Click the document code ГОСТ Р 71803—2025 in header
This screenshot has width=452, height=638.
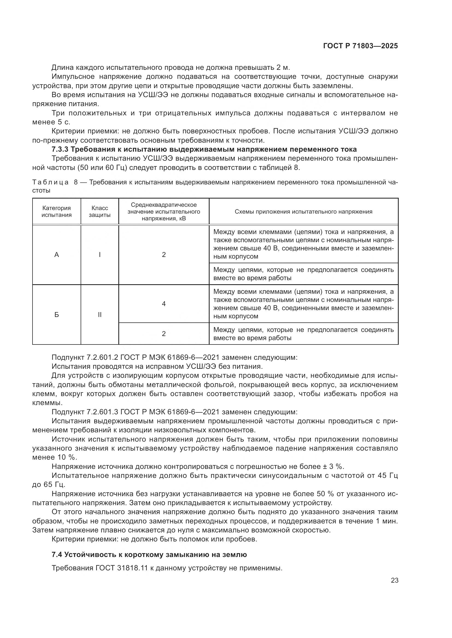click(x=360, y=46)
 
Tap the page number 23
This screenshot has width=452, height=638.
click(x=394, y=580)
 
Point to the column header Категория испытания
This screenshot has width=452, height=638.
click(x=57, y=211)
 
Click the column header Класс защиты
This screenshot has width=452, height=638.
click(x=100, y=211)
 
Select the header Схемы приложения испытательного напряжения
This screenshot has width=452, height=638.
click(x=303, y=212)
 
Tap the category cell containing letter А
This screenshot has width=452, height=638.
click(x=57, y=255)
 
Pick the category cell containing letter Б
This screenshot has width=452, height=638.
click(x=57, y=315)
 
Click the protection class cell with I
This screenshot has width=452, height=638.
click(x=100, y=255)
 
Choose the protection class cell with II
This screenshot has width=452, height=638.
click(x=100, y=315)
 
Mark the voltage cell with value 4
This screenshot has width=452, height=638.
click(x=164, y=304)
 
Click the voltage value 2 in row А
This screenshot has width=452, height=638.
click(x=164, y=255)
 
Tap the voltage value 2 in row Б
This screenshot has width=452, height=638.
click(x=164, y=334)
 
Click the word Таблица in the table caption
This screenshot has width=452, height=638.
click(x=50, y=182)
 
